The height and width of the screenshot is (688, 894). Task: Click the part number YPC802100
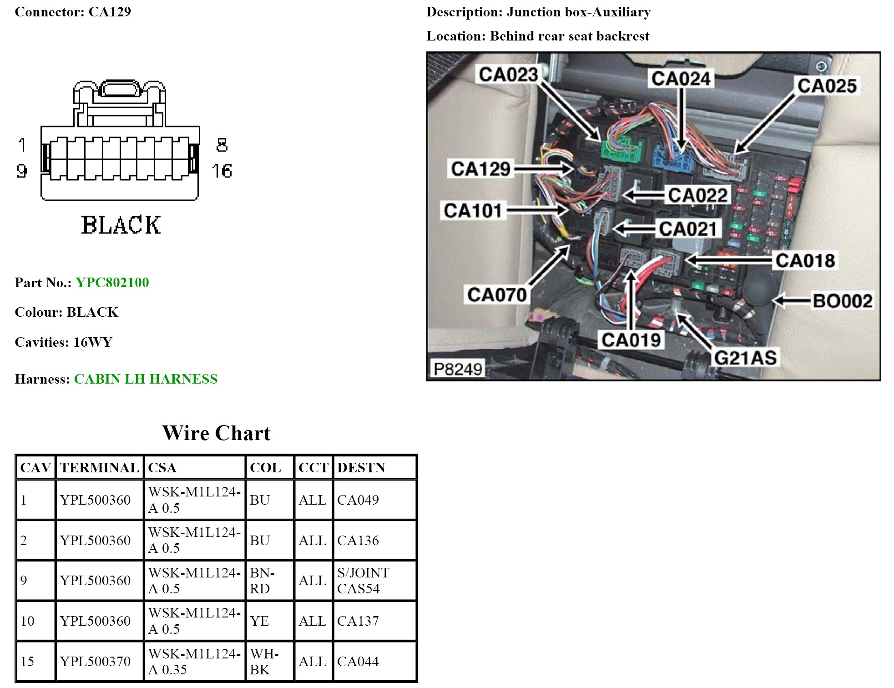point(112,283)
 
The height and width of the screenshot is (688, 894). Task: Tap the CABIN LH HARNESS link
point(146,379)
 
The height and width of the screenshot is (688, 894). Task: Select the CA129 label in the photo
point(480,169)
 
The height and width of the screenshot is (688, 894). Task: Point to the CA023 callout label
point(508,75)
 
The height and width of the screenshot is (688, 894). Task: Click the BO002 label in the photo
point(843,301)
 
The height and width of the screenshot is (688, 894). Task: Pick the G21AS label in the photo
point(745,358)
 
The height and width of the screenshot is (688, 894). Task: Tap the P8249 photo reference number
point(458,369)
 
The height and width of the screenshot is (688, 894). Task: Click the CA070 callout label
point(497,295)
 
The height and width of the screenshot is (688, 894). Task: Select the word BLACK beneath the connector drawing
point(121,225)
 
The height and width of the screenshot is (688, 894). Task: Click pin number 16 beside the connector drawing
point(222,171)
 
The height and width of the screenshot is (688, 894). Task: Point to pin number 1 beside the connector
point(22,145)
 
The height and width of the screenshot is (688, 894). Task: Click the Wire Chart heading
point(217,433)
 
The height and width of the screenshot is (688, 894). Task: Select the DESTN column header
point(361,468)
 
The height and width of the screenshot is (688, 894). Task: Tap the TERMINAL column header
point(99,468)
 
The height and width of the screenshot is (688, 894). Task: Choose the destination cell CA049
point(358,500)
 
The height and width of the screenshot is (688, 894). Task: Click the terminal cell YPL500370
point(95,662)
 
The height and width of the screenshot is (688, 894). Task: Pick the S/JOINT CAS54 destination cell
point(363,581)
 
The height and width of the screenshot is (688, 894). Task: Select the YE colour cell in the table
point(259,621)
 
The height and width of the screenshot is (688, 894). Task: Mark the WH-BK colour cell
point(264,662)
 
